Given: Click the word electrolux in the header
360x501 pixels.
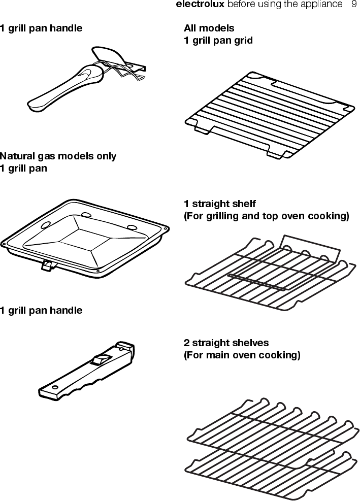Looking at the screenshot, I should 200,5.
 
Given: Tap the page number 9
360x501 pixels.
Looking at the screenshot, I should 354,5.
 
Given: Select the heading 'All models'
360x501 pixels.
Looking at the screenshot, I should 209,28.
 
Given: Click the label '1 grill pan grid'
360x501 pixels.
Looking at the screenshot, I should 218,40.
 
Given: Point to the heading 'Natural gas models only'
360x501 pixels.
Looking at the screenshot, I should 58,156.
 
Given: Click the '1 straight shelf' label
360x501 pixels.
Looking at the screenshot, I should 219,204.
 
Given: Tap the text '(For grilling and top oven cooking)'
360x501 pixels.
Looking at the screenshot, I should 266,216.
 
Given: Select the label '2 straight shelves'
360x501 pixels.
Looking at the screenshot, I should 226,343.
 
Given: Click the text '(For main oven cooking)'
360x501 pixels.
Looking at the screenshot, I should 242,355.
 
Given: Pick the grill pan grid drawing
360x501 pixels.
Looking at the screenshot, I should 269,114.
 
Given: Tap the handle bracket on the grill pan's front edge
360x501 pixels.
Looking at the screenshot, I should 47,265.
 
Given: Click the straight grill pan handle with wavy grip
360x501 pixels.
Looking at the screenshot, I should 86,373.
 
